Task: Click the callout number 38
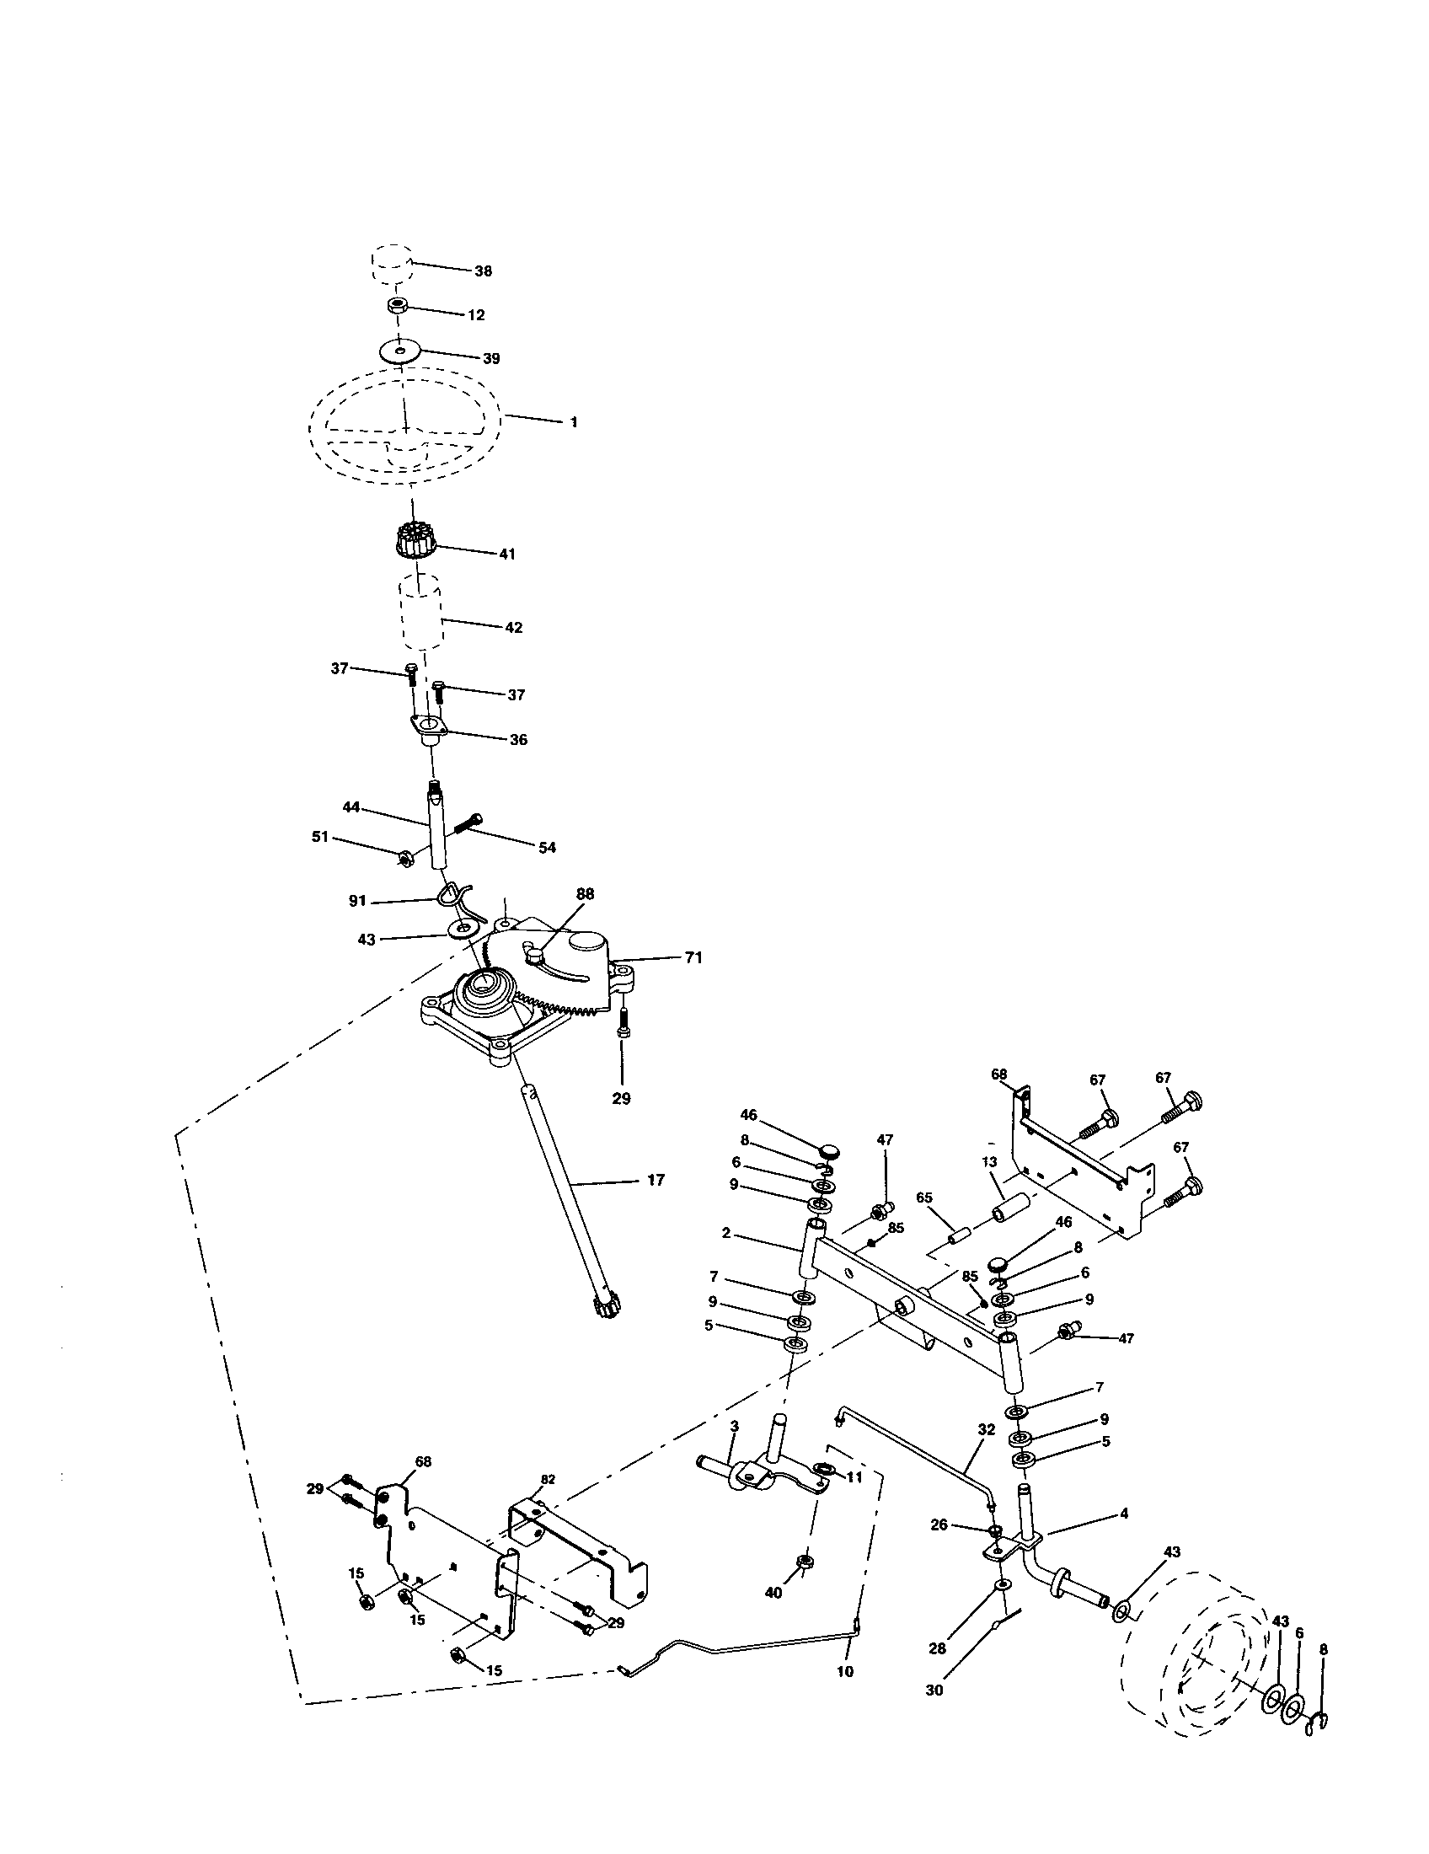pyautogui.click(x=483, y=271)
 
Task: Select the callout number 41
pyautogui.click(x=506, y=554)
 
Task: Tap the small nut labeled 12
pyautogui.click(x=395, y=307)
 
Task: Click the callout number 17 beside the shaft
pyautogui.click(x=656, y=1179)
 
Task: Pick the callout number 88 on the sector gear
pyautogui.click(x=585, y=893)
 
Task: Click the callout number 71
pyautogui.click(x=693, y=957)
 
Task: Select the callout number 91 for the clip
pyautogui.click(x=358, y=902)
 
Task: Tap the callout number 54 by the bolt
pyautogui.click(x=548, y=847)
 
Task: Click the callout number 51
pyautogui.click(x=320, y=836)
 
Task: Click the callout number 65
pyautogui.click(x=924, y=1197)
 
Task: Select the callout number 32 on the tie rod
pyautogui.click(x=985, y=1429)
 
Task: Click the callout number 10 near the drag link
pyautogui.click(x=845, y=1672)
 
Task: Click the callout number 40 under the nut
pyautogui.click(x=773, y=1593)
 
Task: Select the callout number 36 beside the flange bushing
pyautogui.click(x=518, y=739)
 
